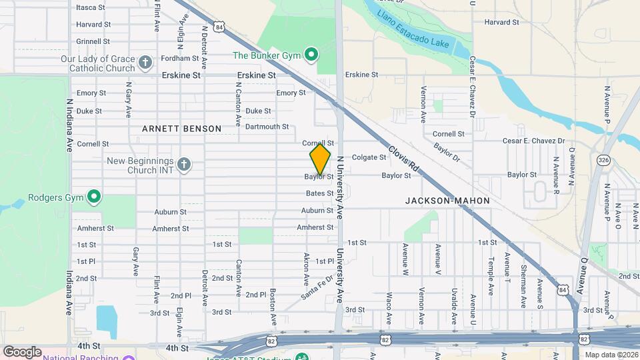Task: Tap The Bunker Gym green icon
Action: pyautogui.click(x=310, y=54)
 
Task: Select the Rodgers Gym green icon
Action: pyautogui.click(x=94, y=197)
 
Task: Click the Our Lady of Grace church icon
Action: pyautogui.click(x=146, y=63)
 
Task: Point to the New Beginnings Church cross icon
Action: pyautogui.click(x=183, y=163)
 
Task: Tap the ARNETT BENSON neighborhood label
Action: pyautogui.click(x=181, y=128)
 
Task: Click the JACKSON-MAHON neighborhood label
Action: pyautogui.click(x=447, y=201)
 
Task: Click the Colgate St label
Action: pyautogui.click(x=369, y=158)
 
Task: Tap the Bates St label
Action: pyautogui.click(x=319, y=193)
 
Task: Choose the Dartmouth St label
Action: pyautogui.click(x=267, y=127)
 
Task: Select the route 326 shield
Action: pyautogui.click(x=603, y=160)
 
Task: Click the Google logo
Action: pyautogui.click(x=22, y=351)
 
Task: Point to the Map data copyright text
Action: pyautogui.click(x=610, y=354)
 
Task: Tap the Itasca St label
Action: pyautogui.click(x=91, y=8)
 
